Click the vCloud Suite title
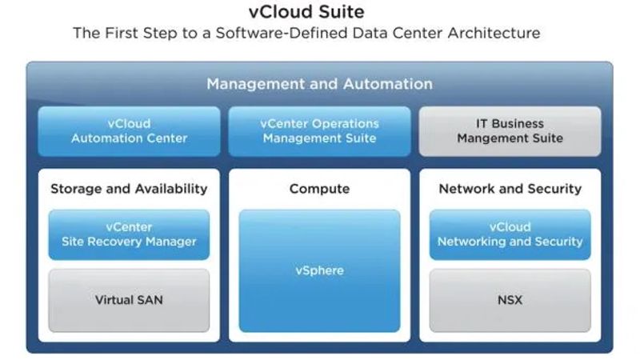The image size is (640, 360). tap(306, 11)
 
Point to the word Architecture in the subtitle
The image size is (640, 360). tap(494, 33)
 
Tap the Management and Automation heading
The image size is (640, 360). tap(319, 84)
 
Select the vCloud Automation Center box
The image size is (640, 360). tap(129, 131)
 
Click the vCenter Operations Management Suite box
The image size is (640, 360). tap(319, 131)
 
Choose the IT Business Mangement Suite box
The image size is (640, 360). tap(510, 131)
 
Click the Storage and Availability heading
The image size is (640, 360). tap(129, 189)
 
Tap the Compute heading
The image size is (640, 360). tap(319, 189)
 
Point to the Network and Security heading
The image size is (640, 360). tap(510, 189)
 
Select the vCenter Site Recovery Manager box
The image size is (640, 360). tap(129, 234)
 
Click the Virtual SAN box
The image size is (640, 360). tap(129, 300)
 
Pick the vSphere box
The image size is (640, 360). tap(319, 270)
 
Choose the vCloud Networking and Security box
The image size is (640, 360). tap(510, 234)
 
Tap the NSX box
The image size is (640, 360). tap(510, 300)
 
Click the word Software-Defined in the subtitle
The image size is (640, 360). tap(282, 33)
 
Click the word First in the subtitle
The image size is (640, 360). tap(121, 33)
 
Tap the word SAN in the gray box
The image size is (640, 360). tap(150, 300)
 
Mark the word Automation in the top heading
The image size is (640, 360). tap(388, 84)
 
